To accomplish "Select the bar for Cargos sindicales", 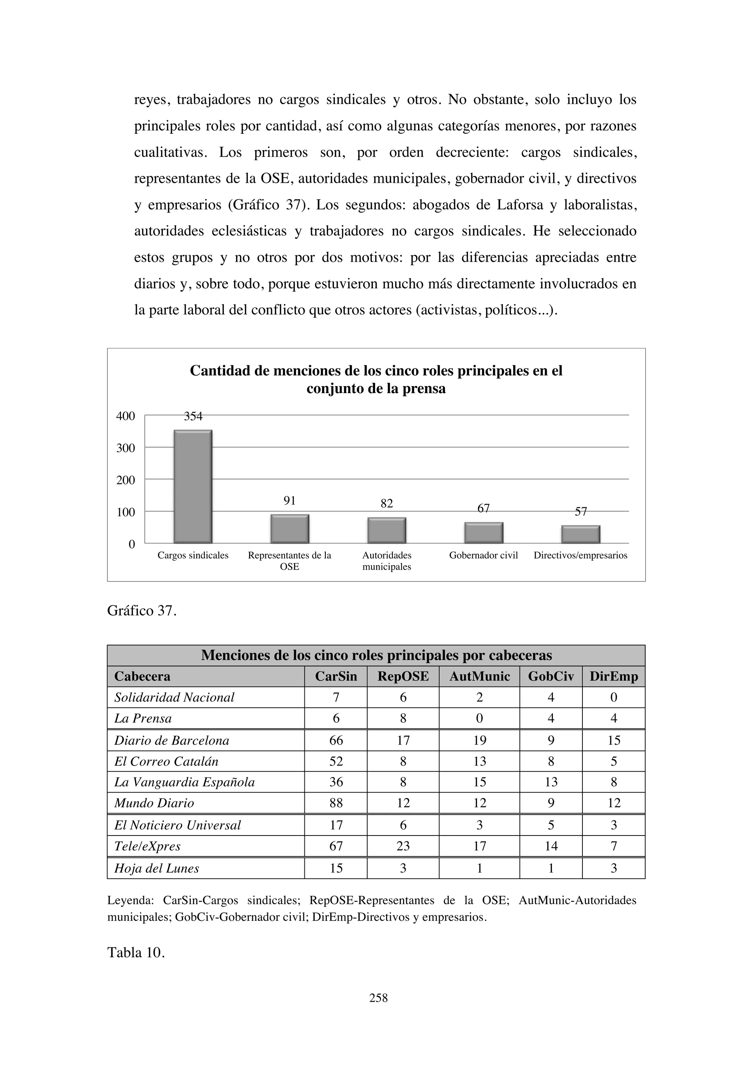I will pyautogui.click(x=193, y=486).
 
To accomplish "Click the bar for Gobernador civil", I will pyautogui.click(x=483, y=532).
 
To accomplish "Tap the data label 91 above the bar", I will pyautogui.click(x=289, y=501).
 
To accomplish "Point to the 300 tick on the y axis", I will pyautogui.click(x=126, y=448).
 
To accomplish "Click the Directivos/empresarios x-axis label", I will pyautogui.click(x=580, y=555).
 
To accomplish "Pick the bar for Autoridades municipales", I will pyautogui.click(x=387, y=530).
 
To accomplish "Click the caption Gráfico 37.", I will pyautogui.click(x=142, y=611).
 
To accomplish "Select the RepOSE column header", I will pyautogui.click(x=403, y=676).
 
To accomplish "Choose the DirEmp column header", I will pyautogui.click(x=613, y=676).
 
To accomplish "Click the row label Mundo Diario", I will pyautogui.click(x=154, y=803).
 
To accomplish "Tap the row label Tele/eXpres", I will pyautogui.click(x=147, y=846).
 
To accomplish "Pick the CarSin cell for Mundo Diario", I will pyautogui.click(x=336, y=803).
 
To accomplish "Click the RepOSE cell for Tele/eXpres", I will pyautogui.click(x=403, y=846).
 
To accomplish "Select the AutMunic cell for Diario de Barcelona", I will pyautogui.click(x=479, y=740).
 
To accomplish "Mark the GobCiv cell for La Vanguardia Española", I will pyautogui.click(x=551, y=782).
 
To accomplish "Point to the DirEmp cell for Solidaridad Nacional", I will pyautogui.click(x=613, y=697).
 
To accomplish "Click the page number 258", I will pyautogui.click(x=378, y=998).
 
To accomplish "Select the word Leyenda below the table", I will pyautogui.click(x=130, y=900).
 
